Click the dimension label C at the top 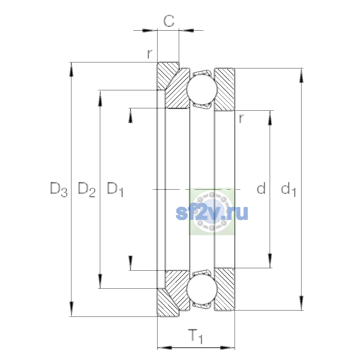[169, 21]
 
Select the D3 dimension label [59, 189]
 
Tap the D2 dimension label [87, 189]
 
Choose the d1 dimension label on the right [288, 189]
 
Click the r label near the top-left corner [150, 54]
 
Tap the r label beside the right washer [241, 118]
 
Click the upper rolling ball [202, 89]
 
